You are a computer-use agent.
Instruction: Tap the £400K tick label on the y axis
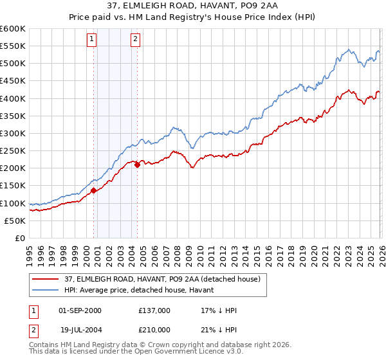coord(12,98)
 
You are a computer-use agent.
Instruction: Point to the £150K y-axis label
coord(12,186)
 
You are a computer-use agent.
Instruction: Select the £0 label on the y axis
coord(19,238)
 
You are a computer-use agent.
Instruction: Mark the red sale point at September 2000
coord(93,190)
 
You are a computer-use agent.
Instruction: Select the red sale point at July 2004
coord(137,165)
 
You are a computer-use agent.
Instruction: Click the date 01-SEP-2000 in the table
coord(80,310)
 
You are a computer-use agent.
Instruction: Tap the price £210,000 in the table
coord(154,328)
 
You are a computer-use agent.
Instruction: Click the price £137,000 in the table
coord(154,310)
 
